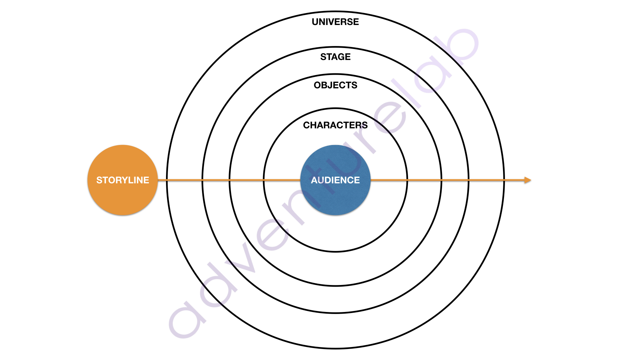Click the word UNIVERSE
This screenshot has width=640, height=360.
[335, 22]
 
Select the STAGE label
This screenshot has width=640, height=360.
[335, 57]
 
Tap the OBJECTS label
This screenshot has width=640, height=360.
[335, 85]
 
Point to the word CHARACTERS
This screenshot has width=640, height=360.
[335, 125]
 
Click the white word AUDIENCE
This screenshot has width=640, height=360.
[335, 180]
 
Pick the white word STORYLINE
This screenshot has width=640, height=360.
[123, 180]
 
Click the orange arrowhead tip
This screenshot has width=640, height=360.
[531, 180]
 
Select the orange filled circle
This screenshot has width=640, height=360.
[123, 180]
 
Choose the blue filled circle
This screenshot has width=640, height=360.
[335, 180]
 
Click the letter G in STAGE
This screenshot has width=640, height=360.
[341, 57]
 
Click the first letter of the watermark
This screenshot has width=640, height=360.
[187, 320]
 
